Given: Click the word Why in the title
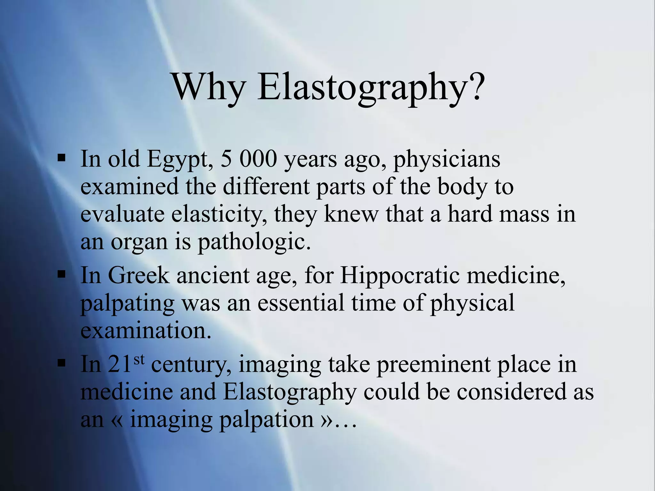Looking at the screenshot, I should (209, 87).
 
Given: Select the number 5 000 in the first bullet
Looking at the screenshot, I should (248, 159).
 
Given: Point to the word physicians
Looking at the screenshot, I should (446, 159).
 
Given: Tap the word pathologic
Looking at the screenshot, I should (254, 242).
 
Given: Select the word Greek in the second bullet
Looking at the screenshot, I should (138, 275).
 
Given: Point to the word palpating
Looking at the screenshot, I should (127, 303).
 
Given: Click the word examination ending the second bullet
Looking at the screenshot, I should (146, 331).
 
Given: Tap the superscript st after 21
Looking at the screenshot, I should (139, 359).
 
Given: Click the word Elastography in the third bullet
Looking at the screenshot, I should (289, 392).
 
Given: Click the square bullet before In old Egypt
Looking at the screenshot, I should (61, 158).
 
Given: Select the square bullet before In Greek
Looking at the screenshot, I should (61, 274).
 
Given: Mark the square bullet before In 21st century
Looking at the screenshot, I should (61, 363).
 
